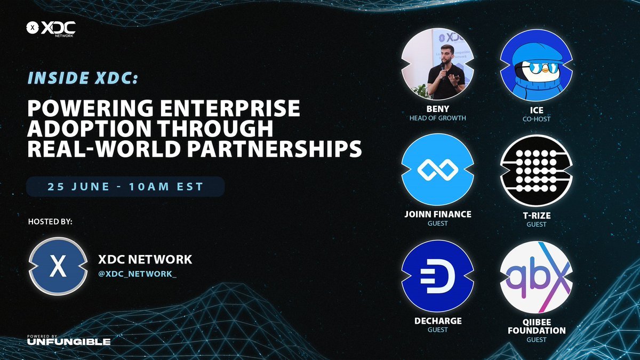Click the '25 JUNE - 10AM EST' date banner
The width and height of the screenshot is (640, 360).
tap(126, 188)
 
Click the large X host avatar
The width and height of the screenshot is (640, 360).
tap(57, 266)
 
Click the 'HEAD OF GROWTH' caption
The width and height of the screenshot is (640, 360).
tap(437, 118)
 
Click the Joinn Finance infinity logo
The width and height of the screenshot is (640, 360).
tap(437, 170)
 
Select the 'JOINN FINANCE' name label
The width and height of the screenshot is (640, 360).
tap(437, 214)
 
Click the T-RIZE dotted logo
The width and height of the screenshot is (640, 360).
tap(536, 170)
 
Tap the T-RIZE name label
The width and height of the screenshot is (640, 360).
tap(536, 215)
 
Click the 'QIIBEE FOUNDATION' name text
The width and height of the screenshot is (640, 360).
tap(536, 326)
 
